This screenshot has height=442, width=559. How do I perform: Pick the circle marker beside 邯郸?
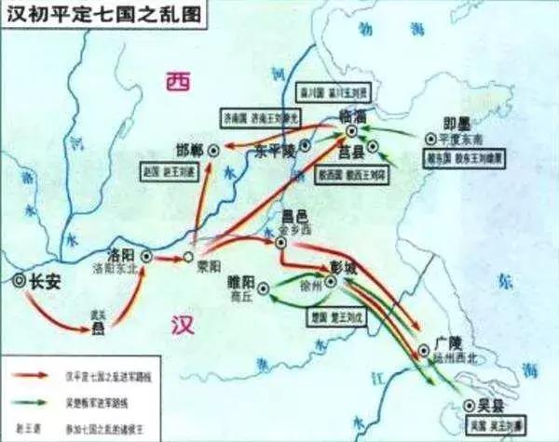[214, 148]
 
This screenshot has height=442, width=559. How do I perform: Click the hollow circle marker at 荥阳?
[187, 256]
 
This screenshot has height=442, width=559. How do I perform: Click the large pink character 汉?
[183, 323]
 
